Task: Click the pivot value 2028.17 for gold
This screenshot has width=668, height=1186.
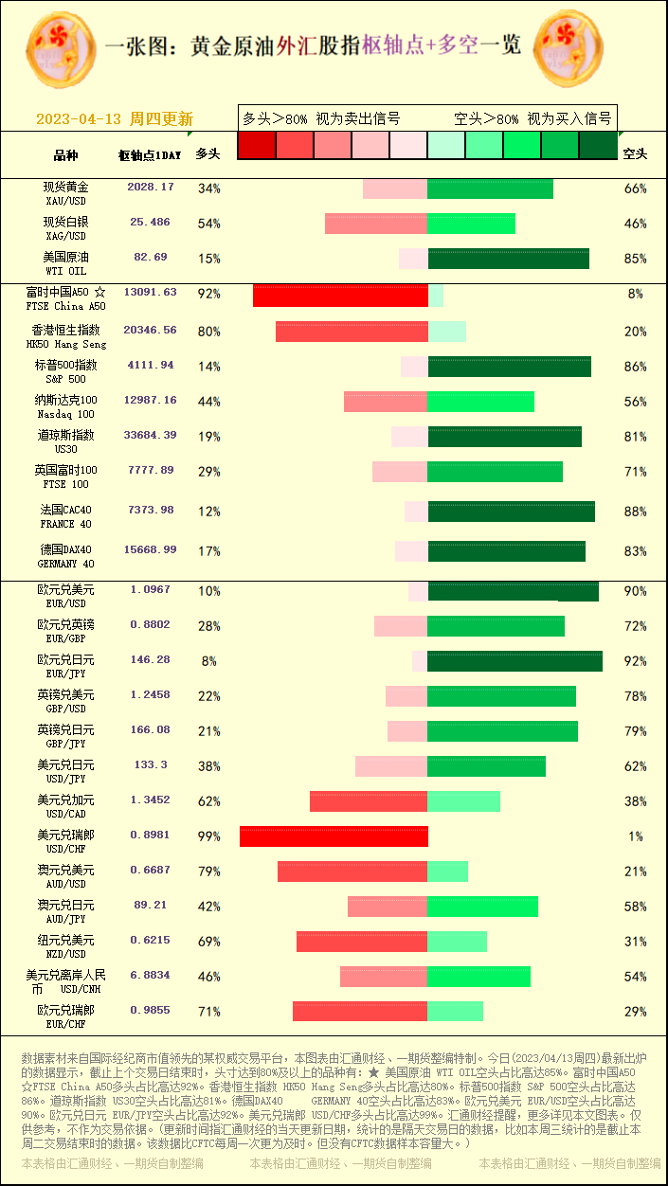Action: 151,188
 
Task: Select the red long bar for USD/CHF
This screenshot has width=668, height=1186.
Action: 334,836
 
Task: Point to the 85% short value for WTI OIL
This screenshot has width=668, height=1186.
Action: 635,259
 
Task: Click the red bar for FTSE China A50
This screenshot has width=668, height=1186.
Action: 340,296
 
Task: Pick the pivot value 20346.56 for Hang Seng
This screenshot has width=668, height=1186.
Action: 151,331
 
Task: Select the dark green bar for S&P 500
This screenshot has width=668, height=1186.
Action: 509,367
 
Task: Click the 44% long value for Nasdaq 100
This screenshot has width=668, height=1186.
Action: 208,402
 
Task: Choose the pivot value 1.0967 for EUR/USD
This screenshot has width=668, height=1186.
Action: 151,590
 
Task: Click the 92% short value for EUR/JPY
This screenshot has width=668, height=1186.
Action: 635,661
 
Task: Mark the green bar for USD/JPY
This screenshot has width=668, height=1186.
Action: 486,766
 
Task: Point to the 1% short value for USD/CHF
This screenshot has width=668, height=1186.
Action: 635,836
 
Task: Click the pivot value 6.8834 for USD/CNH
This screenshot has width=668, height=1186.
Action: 151,975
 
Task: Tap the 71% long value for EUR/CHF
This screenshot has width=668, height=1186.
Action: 208,1012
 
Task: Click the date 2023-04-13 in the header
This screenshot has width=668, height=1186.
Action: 80,119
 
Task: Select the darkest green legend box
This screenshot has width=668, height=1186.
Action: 598,145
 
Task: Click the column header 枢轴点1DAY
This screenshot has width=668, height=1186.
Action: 150,155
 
